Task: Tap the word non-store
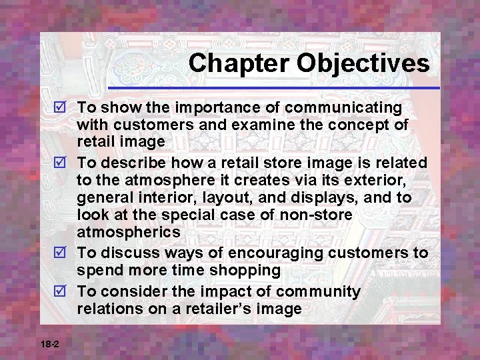tap(318, 215)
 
